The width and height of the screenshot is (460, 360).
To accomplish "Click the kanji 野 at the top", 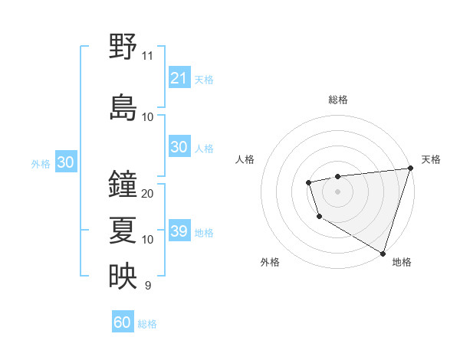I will click(123, 46).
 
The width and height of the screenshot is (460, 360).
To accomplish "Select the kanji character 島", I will click(123, 106).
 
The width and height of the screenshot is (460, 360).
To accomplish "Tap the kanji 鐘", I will click(123, 184).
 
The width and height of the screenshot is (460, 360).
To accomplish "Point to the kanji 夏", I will click(123, 230).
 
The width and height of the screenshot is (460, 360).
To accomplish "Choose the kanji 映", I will click(123, 276).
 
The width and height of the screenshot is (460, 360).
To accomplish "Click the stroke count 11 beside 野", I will click(147, 56).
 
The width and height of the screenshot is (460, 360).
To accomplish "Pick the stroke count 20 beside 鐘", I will click(148, 194).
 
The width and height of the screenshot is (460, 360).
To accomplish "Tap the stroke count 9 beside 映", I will click(147, 286).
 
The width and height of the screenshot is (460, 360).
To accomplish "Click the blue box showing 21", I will click(179, 78).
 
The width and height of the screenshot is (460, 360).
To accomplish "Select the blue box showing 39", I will click(179, 231).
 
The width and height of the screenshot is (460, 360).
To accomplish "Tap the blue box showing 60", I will click(123, 322).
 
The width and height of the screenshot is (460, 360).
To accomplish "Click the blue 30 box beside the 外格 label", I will click(65, 162).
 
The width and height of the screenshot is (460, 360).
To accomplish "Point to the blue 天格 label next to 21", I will click(204, 79).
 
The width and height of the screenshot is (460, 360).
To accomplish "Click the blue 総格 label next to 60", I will click(147, 324).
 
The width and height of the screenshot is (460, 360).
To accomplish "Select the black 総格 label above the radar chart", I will click(337, 100).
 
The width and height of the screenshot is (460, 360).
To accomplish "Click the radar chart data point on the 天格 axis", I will click(410, 169).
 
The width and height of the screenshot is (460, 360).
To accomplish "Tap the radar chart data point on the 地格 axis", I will click(382, 252).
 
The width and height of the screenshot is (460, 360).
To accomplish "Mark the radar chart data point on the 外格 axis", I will click(319, 217).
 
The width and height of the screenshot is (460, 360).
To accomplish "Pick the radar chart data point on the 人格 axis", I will click(308, 182).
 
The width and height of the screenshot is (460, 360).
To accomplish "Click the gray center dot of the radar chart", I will click(337, 191).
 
